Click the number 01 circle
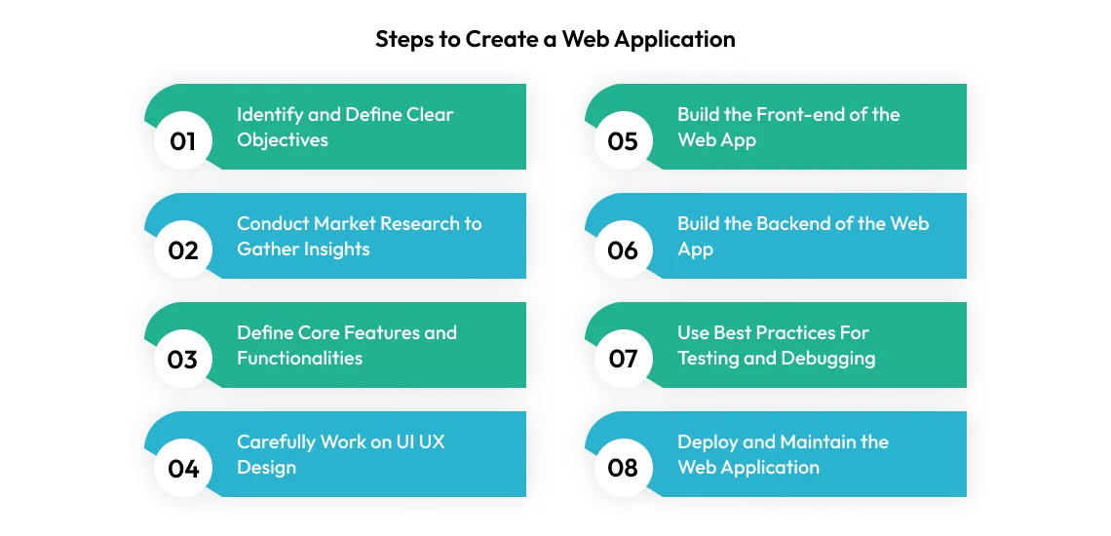click(x=183, y=141)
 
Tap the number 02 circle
click(x=183, y=250)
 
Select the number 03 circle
click(x=183, y=360)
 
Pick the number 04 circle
click(x=183, y=469)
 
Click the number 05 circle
click(x=623, y=141)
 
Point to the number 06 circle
click(x=623, y=250)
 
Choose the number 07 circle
click(x=623, y=360)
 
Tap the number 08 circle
click(x=623, y=469)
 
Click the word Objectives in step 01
click(x=283, y=140)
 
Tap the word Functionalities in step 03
click(x=299, y=359)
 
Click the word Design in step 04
click(x=266, y=468)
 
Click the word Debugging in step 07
click(x=828, y=359)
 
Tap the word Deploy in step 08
click(x=709, y=442)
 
